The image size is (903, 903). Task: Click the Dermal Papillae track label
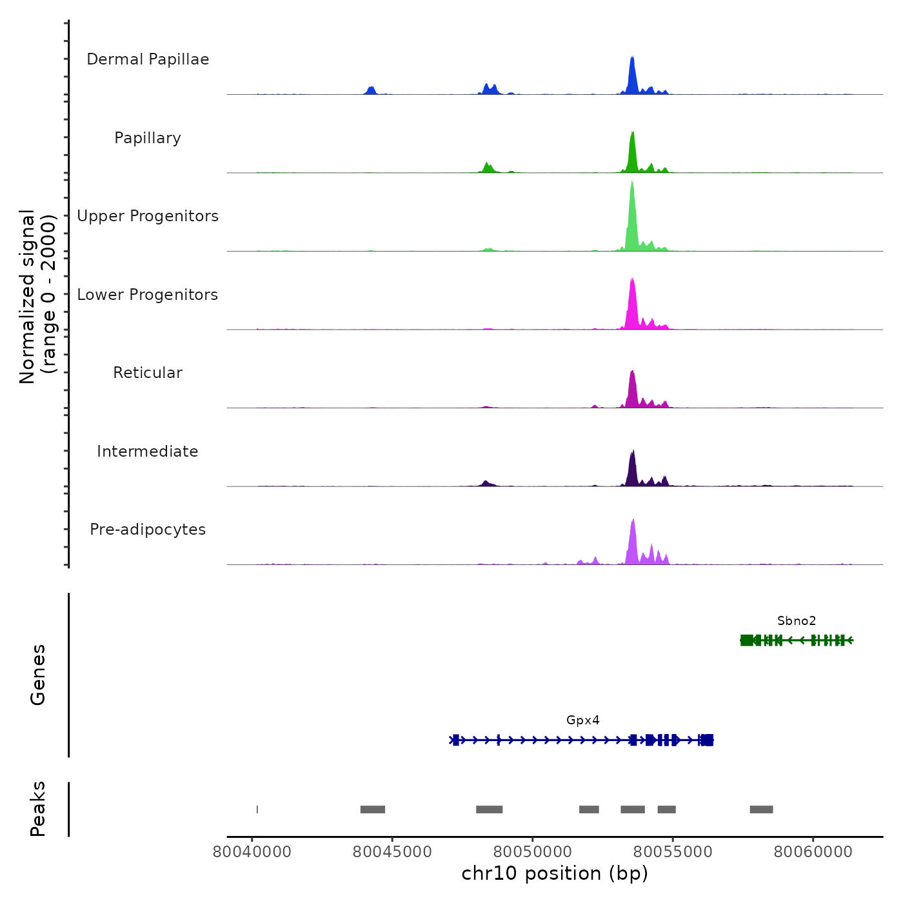point(148,59)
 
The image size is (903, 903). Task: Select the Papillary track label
point(148,138)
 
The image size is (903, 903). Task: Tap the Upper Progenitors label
point(148,216)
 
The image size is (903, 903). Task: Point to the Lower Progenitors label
point(148,295)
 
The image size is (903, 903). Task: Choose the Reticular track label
point(148,373)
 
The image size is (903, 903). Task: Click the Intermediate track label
point(148,451)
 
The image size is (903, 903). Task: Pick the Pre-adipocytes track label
point(148,530)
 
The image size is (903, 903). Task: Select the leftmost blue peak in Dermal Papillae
point(370,90)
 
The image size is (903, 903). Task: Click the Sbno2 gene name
point(797,621)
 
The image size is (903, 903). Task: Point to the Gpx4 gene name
point(583,720)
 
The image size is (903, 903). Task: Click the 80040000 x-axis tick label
point(252,852)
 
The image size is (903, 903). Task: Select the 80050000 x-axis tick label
point(533,852)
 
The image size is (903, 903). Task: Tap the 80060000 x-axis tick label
point(813,852)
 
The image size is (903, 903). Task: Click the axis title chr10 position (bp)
point(555,873)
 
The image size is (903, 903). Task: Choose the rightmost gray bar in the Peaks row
point(761,809)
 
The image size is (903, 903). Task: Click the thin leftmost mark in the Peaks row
point(257,809)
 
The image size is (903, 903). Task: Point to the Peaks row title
point(38,809)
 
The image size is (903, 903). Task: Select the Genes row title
point(38,675)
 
